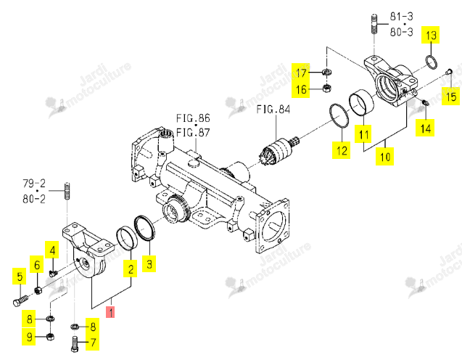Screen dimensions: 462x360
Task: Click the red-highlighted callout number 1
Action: (x=110, y=312)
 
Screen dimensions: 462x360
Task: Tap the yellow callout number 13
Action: (x=431, y=35)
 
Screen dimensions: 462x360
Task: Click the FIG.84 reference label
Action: (x=273, y=110)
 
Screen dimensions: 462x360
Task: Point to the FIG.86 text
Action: (x=193, y=118)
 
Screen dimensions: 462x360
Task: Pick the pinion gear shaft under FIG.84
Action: (x=280, y=150)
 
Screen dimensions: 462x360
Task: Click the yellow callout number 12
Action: (x=342, y=150)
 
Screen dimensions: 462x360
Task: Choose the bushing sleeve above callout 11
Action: (x=361, y=102)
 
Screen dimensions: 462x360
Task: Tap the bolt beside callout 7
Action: (x=75, y=344)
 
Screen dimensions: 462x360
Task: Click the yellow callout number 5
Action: (x=20, y=277)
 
